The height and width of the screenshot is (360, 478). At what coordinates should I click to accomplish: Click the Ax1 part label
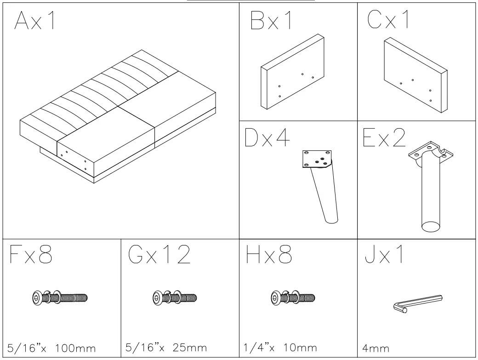coord(35,21)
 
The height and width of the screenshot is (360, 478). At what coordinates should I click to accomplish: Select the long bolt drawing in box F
coord(60,297)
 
